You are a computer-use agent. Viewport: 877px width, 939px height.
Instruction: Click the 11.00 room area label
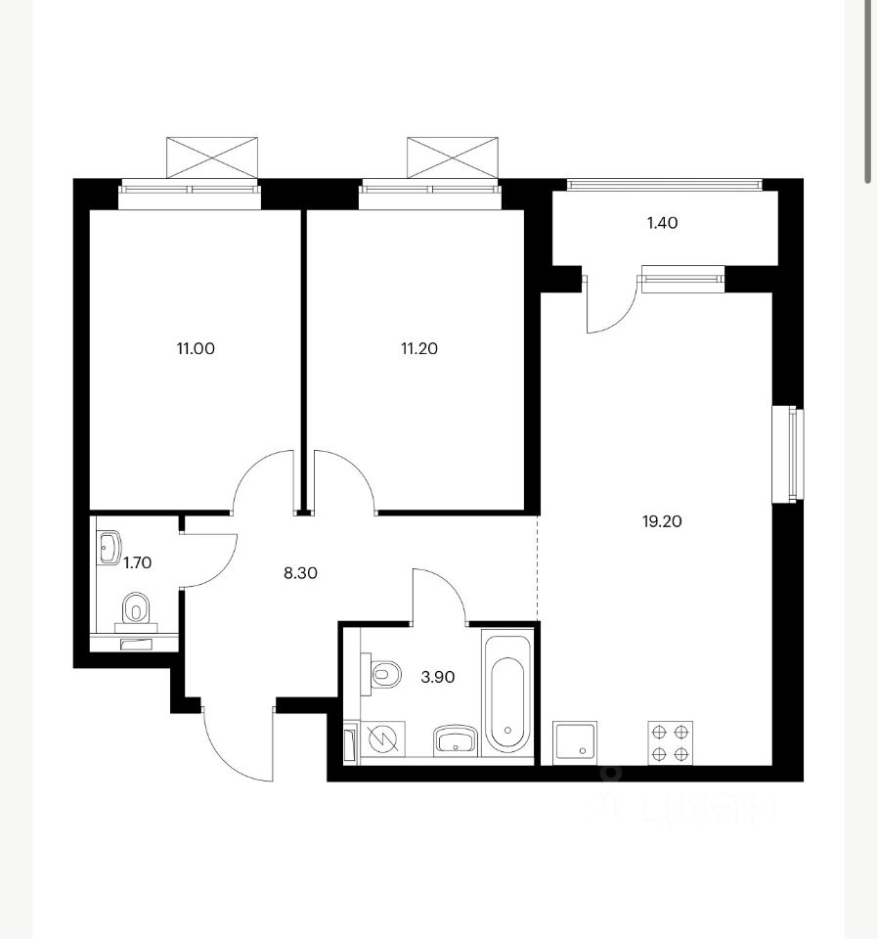tap(196, 348)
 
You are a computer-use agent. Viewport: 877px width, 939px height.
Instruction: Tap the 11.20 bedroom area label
tap(419, 348)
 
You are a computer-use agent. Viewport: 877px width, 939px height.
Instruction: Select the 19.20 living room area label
tap(662, 521)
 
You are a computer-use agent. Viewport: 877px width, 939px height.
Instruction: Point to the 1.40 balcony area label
tap(662, 223)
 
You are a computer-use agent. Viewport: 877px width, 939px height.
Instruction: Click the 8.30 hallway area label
tap(300, 573)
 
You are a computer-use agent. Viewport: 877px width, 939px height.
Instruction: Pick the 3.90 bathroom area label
tap(438, 677)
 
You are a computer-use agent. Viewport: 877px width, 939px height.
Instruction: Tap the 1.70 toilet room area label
tap(137, 563)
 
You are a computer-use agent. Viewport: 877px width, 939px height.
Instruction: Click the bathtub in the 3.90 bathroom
tap(507, 693)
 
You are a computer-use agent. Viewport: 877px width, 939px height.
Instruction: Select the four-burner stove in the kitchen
tap(670, 742)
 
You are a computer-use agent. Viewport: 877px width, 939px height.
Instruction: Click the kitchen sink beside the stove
tap(575, 742)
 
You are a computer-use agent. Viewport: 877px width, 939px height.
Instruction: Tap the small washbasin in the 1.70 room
tap(110, 548)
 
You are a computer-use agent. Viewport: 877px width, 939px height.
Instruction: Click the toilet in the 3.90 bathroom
tap(381, 674)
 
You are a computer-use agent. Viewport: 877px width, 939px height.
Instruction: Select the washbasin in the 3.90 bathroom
tap(456, 741)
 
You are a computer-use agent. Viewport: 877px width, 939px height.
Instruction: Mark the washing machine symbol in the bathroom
tap(383, 739)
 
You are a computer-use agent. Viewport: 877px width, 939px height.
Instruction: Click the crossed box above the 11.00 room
tap(212, 157)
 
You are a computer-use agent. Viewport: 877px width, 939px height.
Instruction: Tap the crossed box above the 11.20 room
tap(453, 157)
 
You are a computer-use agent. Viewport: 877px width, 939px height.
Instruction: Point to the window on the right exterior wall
tap(788, 455)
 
